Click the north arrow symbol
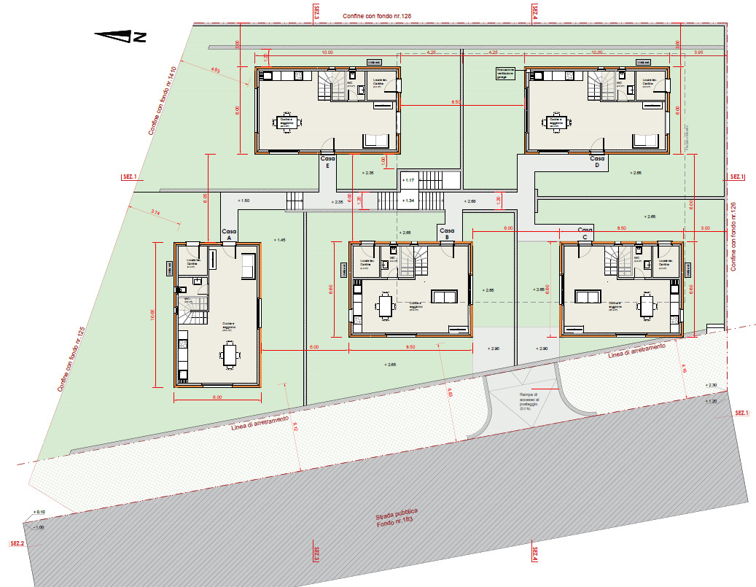(120, 34)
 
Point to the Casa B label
(446, 234)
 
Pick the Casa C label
(585, 233)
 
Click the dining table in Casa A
(230, 356)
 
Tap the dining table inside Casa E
(287, 121)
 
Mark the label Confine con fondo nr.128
(383, 15)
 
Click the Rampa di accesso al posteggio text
(526, 400)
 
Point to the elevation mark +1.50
(243, 201)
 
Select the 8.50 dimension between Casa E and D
(456, 101)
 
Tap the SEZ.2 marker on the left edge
(16, 544)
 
